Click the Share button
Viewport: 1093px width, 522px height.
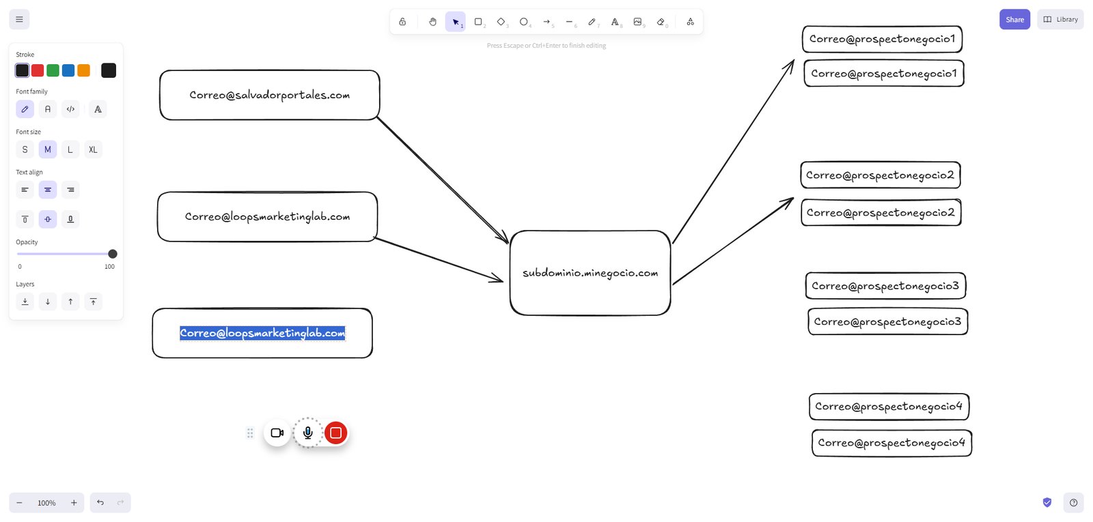(1014, 20)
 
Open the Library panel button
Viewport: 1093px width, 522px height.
(1060, 20)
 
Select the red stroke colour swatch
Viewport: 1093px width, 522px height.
(38, 71)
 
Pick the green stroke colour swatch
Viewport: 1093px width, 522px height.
(53, 71)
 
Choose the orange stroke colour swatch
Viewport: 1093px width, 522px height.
(84, 71)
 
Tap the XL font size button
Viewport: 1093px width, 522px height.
(93, 149)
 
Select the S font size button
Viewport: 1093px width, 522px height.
(25, 149)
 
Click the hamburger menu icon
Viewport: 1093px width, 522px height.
(20, 20)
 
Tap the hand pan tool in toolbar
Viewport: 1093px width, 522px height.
(432, 22)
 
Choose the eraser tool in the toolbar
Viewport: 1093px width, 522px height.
(661, 22)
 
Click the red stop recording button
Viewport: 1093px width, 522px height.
(335, 433)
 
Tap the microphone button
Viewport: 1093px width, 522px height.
(308, 433)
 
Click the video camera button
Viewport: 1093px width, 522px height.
(277, 433)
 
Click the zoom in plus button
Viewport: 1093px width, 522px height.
(74, 503)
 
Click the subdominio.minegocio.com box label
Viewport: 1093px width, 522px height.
(590, 273)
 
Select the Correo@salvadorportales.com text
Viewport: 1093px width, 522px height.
(269, 95)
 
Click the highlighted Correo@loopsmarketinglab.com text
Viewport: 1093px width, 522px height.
(262, 334)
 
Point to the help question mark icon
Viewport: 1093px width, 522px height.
(1073, 502)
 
